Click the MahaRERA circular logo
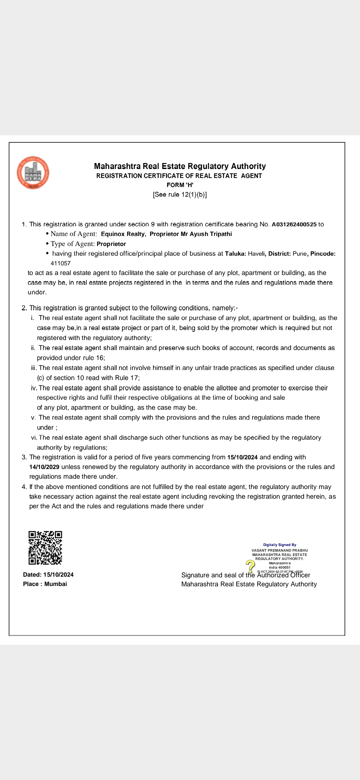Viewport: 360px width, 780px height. [x=33, y=173]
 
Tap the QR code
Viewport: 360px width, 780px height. [x=45, y=548]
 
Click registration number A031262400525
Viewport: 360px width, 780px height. [x=294, y=224]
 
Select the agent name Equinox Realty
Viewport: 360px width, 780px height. [x=123, y=234]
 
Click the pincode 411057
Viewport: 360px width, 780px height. [x=61, y=263]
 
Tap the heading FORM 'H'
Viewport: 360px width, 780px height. [x=180, y=185]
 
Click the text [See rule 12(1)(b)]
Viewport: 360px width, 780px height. [x=180, y=195]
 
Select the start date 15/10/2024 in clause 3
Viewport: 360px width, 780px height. [x=242, y=457]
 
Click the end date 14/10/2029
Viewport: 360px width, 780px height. [x=44, y=467]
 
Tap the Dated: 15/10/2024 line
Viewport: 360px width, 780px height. [x=48, y=575]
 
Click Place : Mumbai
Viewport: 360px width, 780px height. [x=45, y=584]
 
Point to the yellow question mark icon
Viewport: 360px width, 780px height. [x=250, y=566]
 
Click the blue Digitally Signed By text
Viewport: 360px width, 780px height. [x=280, y=545]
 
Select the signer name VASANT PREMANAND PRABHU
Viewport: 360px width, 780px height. [x=280, y=550]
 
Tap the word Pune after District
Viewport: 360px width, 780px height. [x=300, y=254]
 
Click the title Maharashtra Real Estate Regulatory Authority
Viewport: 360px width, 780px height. [x=180, y=166]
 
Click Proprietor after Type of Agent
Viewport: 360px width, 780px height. [x=111, y=244]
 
